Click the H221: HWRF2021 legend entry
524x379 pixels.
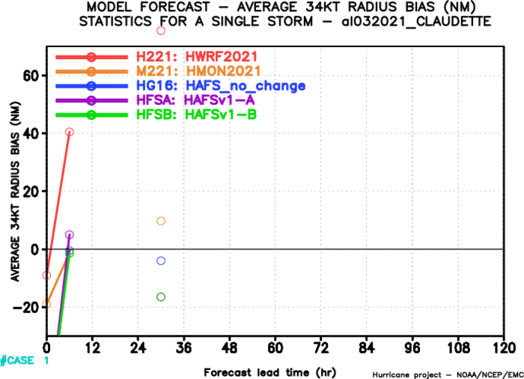coord(197,56)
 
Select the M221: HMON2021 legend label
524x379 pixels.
coord(198,71)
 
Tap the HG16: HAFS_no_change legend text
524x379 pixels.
coord(221,85)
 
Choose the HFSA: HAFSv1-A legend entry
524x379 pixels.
coord(195,100)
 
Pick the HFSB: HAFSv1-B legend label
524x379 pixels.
coord(196,115)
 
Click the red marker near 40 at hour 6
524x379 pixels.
coord(69,132)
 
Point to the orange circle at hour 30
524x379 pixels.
coord(161,221)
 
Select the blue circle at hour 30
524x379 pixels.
coord(161,261)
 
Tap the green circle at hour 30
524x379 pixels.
coord(161,297)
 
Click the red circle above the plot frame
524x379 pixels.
coord(161,31)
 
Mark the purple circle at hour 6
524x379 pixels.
coord(69,234)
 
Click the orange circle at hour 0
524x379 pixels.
coord(46,304)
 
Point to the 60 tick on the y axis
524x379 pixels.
coord(31,76)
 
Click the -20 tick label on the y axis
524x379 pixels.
coord(26,307)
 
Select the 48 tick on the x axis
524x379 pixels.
coord(229,348)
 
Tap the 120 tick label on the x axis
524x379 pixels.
coord(504,348)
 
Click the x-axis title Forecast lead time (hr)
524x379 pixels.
coord(270,372)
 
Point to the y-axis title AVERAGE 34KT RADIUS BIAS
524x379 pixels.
coord(16,191)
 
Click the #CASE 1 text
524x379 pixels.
coord(25,360)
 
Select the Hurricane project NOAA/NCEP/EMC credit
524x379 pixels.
coord(448,375)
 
